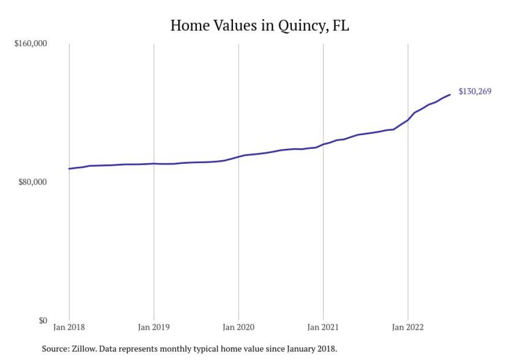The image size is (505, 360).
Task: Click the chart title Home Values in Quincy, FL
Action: point(260,25)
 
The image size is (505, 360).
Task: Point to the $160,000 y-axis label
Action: point(30,44)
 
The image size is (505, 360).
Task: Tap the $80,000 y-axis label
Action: point(32,182)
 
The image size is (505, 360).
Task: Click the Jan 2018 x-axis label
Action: point(69,327)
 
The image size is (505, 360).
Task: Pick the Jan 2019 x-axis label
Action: point(154,327)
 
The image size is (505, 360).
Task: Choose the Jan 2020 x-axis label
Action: point(238,327)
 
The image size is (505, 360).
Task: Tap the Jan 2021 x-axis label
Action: point(323,327)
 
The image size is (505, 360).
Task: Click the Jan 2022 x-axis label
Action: point(408,327)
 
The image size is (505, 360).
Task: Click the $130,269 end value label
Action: point(475,92)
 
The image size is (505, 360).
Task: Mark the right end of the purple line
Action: point(450,94)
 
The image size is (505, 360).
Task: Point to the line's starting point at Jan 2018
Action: point(69,168)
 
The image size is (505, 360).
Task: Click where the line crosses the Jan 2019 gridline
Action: point(154,163)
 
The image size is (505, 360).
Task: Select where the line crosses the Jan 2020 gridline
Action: point(238,157)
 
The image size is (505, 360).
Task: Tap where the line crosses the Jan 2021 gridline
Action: point(323,144)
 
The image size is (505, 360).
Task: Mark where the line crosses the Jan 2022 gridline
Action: point(408,119)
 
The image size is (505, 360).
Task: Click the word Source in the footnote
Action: point(54,349)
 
